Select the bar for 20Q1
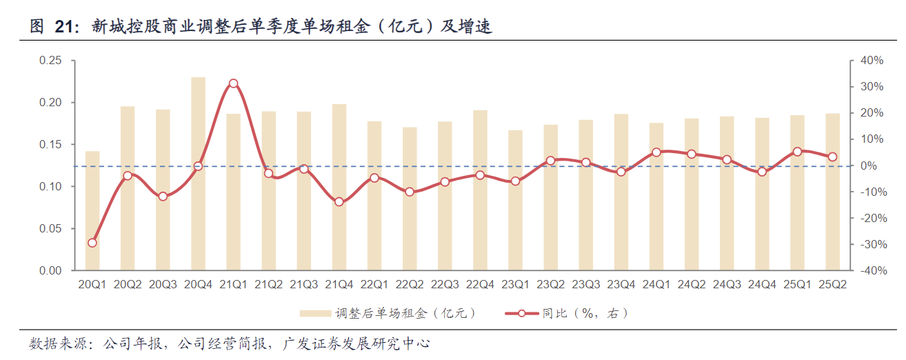[x=92, y=211]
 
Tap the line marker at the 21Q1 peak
[x=233, y=83]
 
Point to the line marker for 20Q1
[x=92, y=243]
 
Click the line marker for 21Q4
[x=339, y=202]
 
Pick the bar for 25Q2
[x=832, y=192]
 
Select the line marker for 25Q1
[x=797, y=152]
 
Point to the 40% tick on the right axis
[x=872, y=61]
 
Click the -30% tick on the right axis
[x=872, y=244]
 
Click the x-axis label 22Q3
[x=445, y=284]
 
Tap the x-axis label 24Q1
[x=656, y=284]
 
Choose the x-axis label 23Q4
[x=621, y=284]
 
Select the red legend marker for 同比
[x=522, y=314]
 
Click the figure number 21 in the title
[x=63, y=27]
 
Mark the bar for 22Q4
[x=480, y=190]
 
